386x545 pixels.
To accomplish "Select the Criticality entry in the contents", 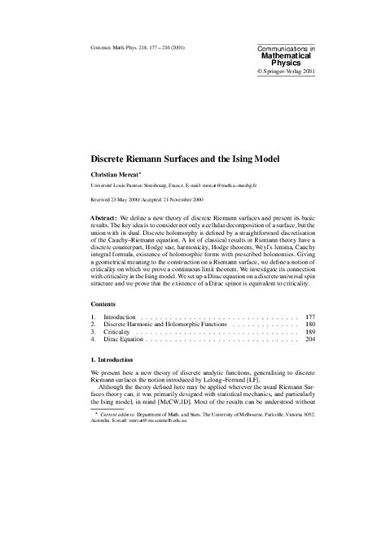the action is (118, 333).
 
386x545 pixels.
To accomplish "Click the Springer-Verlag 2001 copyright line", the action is (286, 71).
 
